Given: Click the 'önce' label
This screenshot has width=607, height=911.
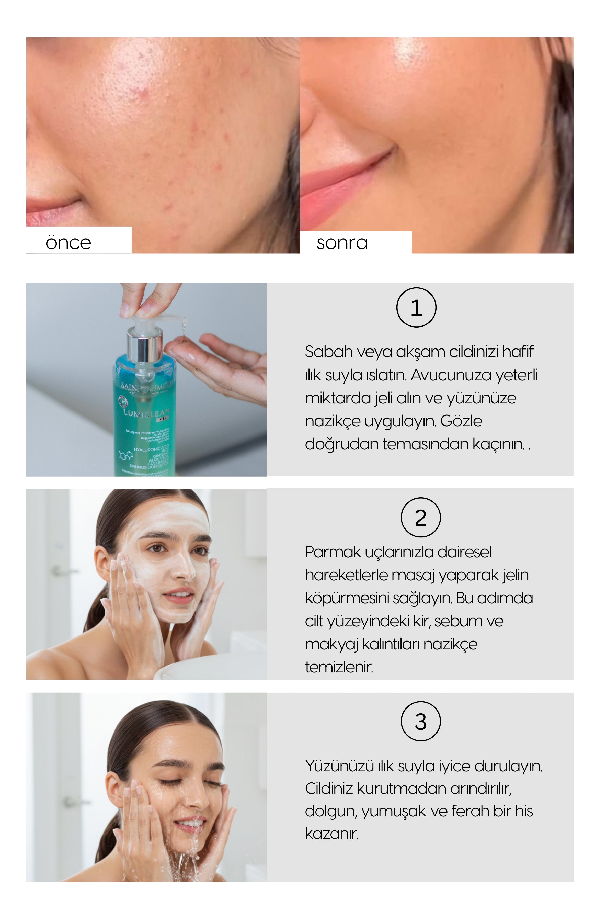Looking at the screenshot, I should click(x=68, y=243).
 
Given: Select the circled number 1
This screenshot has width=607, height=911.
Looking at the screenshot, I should click(x=416, y=307).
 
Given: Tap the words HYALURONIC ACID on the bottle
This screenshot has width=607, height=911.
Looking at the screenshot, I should click(x=151, y=449).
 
